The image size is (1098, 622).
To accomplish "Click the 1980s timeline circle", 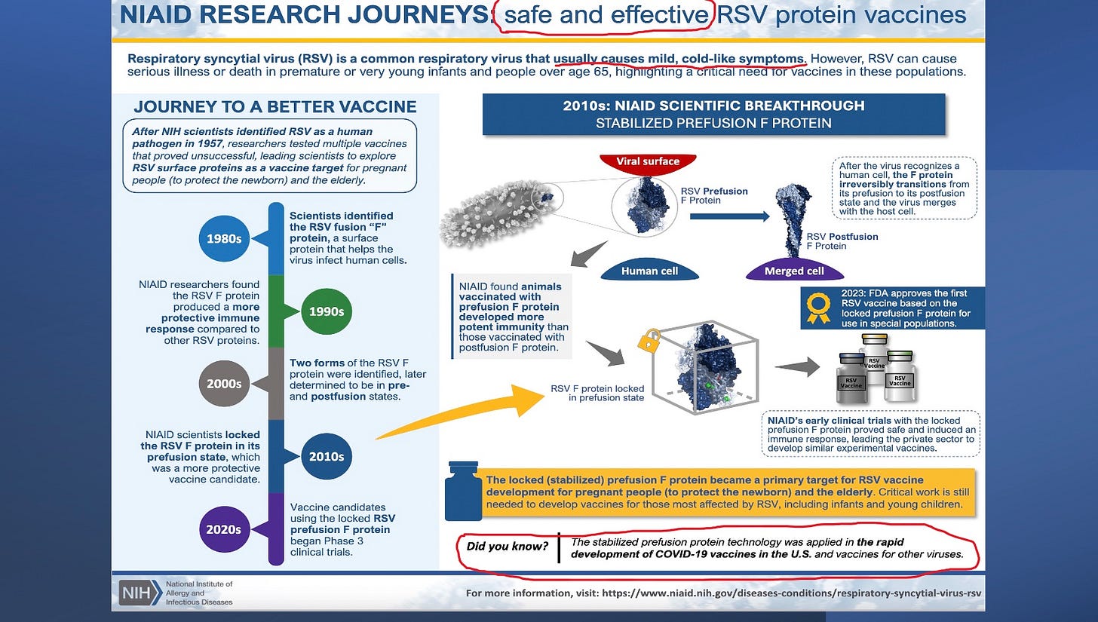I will coord(225,238).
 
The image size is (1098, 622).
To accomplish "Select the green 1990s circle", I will coord(326,311).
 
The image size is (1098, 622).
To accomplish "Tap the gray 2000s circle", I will coord(224,384).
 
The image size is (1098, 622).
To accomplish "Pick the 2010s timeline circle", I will coord(326,456).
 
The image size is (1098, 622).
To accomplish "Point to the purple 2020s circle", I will coord(224,529).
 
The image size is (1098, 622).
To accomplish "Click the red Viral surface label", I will coord(647,161).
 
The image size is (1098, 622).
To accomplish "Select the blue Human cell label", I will coord(649,271).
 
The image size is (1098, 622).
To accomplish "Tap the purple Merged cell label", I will coord(794,271).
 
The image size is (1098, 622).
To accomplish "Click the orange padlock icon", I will coord(649,341).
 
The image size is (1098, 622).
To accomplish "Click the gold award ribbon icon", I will coord(818,308).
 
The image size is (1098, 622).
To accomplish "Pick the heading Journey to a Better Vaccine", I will coord(274,107).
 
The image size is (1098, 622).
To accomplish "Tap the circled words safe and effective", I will coord(603,15).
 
